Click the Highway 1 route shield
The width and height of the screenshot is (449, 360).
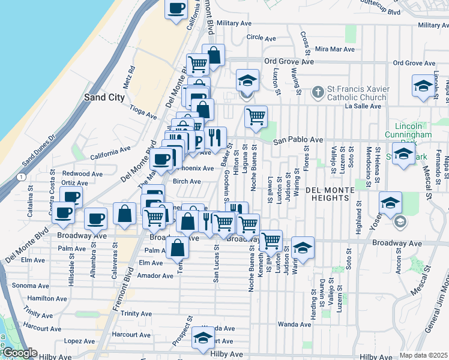point(22,177)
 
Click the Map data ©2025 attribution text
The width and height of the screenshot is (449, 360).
point(423,355)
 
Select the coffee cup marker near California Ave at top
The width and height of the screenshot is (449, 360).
point(176,9)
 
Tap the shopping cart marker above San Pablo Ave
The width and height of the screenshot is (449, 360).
point(256,116)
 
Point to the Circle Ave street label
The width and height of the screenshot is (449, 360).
point(261,37)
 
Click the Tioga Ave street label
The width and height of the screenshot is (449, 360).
point(142,112)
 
